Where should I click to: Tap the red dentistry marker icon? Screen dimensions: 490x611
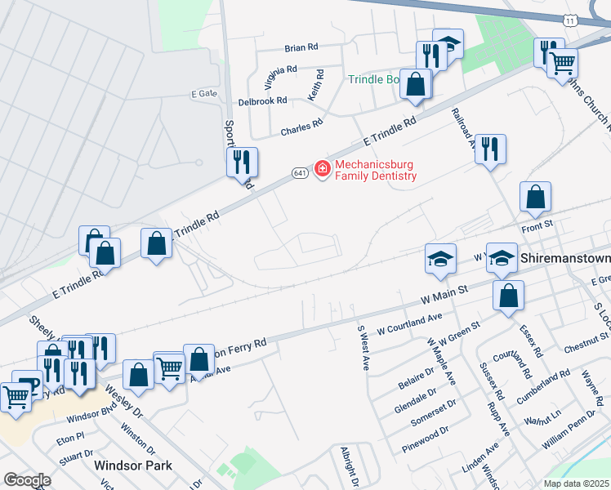(323, 169)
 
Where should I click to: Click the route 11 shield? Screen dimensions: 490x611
(570, 19)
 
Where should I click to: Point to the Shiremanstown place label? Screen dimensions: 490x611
(564, 258)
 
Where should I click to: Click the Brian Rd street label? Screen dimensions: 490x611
(301, 48)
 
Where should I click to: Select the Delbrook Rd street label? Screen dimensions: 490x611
(262, 101)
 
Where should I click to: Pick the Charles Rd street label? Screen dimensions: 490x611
(301, 129)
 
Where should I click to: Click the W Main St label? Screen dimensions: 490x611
(444, 292)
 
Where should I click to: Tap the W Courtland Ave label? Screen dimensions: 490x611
(409, 323)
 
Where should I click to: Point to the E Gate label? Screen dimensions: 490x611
(204, 94)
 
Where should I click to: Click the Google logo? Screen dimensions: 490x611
(27, 480)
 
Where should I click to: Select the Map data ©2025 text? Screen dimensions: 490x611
(576, 483)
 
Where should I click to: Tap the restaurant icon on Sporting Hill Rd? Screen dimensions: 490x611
(242, 162)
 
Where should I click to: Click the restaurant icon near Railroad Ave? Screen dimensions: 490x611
(490, 149)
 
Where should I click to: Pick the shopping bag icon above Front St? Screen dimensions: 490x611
(535, 196)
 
